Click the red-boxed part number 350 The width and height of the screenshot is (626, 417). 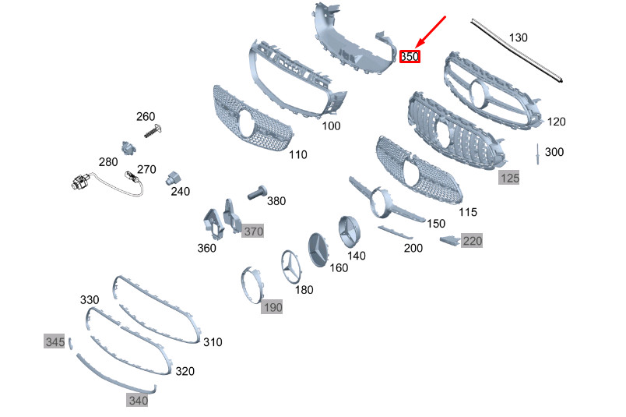[x=410, y=57]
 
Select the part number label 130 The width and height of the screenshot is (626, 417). [x=518, y=37]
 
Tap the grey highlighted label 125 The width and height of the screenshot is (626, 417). [x=509, y=178]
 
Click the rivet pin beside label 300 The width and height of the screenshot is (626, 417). [x=537, y=154]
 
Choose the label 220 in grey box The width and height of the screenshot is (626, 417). [x=472, y=241]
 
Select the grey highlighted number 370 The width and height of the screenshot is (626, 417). [x=253, y=231]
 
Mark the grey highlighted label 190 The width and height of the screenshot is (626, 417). [x=272, y=307]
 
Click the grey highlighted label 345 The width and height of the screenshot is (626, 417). [x=54, y=341]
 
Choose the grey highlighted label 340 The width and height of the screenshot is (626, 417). [x=138, y=401]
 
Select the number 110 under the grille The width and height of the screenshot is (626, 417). [x=298, y=154]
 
